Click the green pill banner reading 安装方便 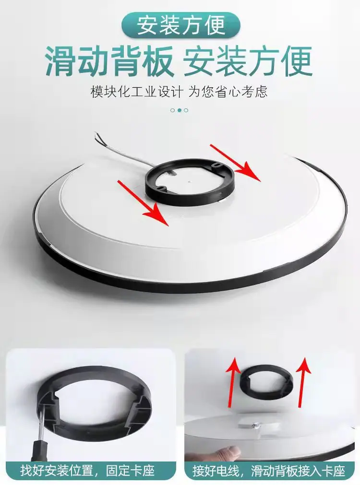tap(181, 25)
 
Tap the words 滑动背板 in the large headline tap(109, 61)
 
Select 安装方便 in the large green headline tap(248, 61)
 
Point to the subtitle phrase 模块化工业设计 tap(136, 92)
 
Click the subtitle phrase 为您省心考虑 tap(228, 92)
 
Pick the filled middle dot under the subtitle tap(179, 110)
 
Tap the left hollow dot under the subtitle tap(173, 110)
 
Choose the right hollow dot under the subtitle tap(186, 110)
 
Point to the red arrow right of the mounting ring tap(235, 163)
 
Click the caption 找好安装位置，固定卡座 tap(87, 471)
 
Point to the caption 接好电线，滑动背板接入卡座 tap(269, 471)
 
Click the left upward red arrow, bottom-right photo tap(233, 382)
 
